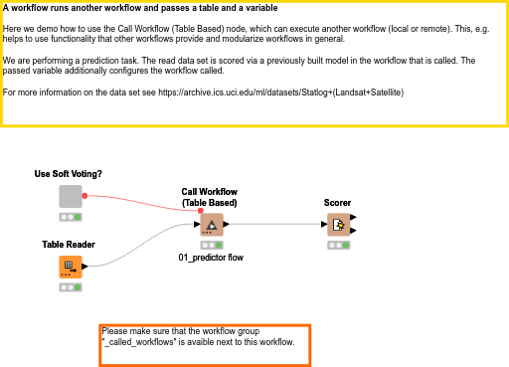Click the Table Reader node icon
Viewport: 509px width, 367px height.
pos(70,267)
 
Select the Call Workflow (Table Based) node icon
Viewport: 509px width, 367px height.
pos(211,224)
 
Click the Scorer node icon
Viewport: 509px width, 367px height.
pos(338,225)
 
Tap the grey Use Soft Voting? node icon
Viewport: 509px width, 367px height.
pos(70,196)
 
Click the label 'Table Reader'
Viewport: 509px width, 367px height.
pos(68,244)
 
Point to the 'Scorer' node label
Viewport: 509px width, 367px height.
pos(337,203)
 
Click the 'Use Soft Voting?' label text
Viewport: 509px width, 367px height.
pos(68,174)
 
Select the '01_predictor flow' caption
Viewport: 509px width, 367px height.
pos(211,258)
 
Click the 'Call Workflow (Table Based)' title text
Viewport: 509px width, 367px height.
pos(209,197)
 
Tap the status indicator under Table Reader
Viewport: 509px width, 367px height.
pos(70,286)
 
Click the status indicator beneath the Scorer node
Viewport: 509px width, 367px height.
pos(338,245)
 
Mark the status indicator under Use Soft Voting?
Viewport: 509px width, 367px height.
pos(70,216)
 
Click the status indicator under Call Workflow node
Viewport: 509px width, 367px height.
pos(211,244)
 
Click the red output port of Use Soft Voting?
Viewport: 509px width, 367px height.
pos(85,196)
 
